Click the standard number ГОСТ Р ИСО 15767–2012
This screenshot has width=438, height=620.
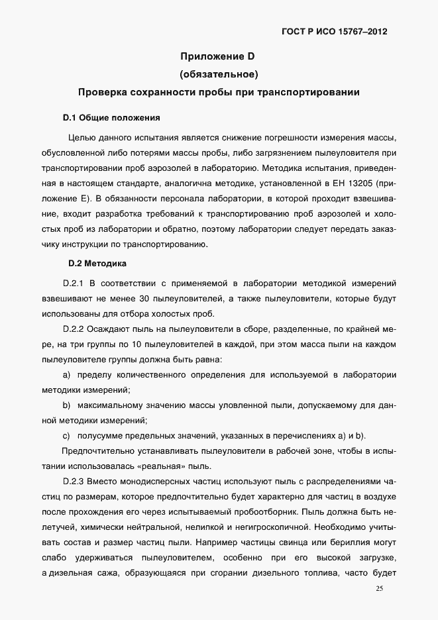(x=336, y=31)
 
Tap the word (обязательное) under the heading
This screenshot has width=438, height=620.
(x=219, y=74)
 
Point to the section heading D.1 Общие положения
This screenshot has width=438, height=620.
(x=111, y=119)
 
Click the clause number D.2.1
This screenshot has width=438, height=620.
(x=72, y=283)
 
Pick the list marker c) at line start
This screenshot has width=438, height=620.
(x=66, y=435)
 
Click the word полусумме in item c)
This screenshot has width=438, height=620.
(x=99, y=435)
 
